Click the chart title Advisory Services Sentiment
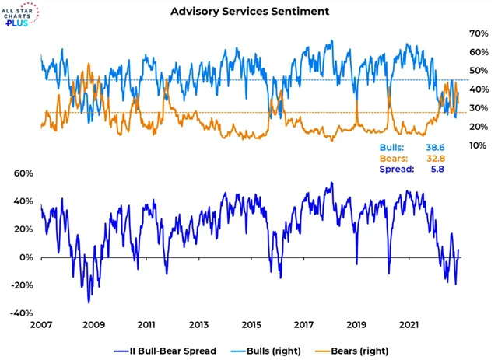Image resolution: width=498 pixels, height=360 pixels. click(248, 11)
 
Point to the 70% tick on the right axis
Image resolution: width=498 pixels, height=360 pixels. click(477, 33)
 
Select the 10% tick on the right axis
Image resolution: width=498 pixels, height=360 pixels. click(477, 145)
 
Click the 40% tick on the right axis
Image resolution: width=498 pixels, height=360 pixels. click(477, 89)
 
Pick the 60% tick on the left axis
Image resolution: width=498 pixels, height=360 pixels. click(23, 173)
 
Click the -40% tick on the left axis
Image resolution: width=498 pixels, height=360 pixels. click(22, 313)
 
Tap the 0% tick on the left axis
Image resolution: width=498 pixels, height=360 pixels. click(26, 257)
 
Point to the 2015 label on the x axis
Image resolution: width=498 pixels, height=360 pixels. click(251, 323)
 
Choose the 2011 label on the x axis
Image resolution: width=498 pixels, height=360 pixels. click(146, 323)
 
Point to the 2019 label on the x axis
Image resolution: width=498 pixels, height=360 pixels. click(356, 323)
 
